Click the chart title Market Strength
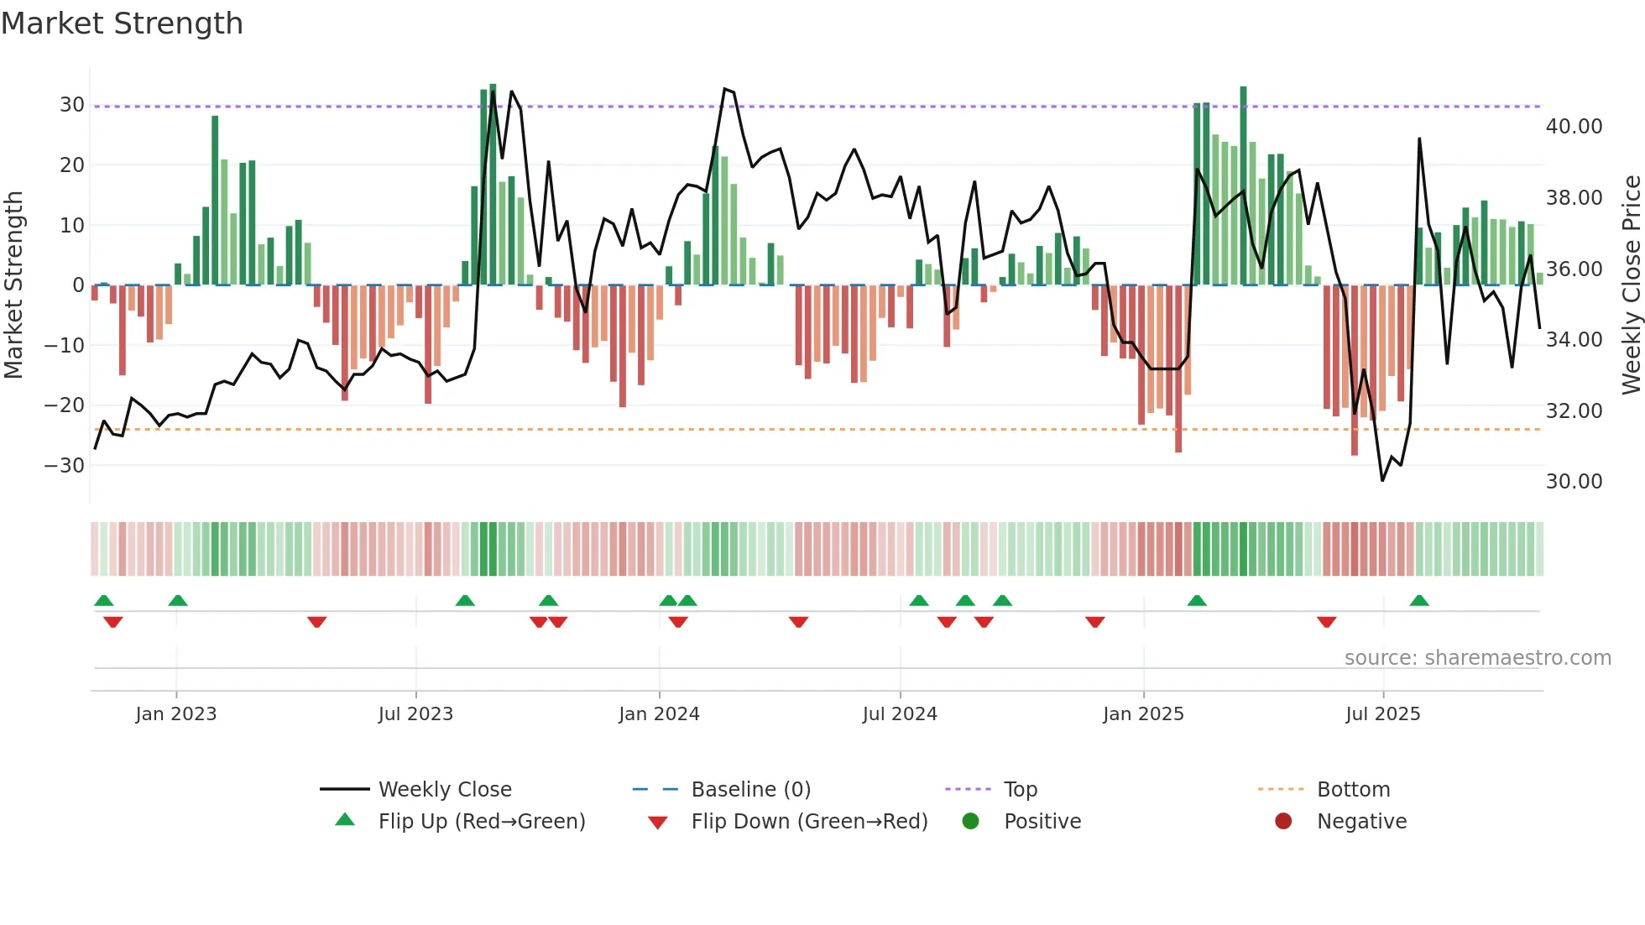pyautogui.click(x=122, y=24)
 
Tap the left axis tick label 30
pyautogui.click(x=72, y=105)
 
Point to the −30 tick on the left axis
pyautogui.click(x=65, y=466)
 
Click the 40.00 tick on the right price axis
pyautogui.click(x=1574, y=127)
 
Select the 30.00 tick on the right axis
pyautogui.click(x=1574, y=482)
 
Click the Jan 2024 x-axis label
pyautogui.click(x=659, y=714)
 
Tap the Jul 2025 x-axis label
pyautogui.click(x=1382, y=714)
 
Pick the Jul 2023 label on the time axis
pyautogui.click(x=415, y=714)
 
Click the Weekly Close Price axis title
pyautogui.click(x=1631, y=285)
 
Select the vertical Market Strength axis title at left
pyautogui.click(x=13, y=285)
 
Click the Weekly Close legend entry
pyautogui.click(x=444, y=790)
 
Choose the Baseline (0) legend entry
pyautogui.click(x=750, y=790)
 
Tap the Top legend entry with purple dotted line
pyautogui.click(x=1020, y=790)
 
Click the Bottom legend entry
pyautogui.click(x=1353, y=790)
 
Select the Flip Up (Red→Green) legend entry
pyautogui.click(x=481, y=822)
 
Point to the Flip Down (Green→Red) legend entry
pyautogui.click(x=809, y=822)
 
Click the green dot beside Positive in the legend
pyautogui.click(x=971, y=822)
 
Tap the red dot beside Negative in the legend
pyautogui.click(x=1283, y=822)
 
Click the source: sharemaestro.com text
pyautogui.click(x=1477, y=658)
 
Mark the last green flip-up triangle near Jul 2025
pyautogui.click(x=1419, y=601)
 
